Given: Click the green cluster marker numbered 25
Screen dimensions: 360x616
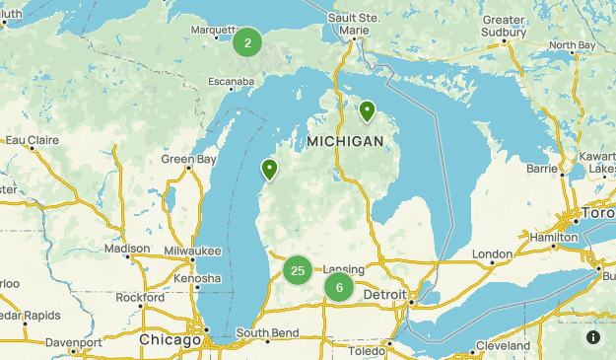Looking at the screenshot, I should [298, 269].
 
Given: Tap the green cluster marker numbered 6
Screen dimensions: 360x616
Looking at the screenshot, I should [339, 288].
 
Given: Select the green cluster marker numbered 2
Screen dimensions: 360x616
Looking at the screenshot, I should [247, 41].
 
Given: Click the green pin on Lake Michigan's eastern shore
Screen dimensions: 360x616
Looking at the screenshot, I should [268, 171].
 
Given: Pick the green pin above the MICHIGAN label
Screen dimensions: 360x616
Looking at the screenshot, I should [367, 110].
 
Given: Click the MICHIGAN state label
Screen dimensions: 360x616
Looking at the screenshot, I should [345, 142].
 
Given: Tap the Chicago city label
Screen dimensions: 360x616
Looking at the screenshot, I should [171, 339].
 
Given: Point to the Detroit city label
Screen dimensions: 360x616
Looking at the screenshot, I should [384, 295].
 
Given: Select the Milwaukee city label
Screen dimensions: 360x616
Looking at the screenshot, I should [193, 252].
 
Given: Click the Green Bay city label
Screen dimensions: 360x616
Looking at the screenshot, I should [188, 159].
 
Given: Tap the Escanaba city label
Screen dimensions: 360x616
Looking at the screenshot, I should [233, 81].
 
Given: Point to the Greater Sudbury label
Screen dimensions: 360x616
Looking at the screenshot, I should [503, 25].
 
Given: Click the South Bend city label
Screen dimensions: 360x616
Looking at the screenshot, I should [267, 332].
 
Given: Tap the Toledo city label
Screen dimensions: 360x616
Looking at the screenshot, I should [368, 350].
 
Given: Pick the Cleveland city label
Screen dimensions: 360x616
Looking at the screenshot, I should [502, 346].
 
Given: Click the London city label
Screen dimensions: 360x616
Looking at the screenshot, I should [492, 253].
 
